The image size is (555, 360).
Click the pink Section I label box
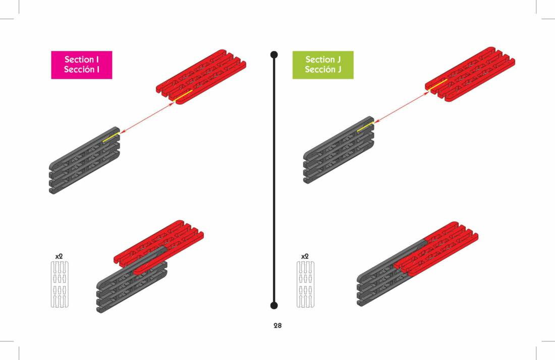pos(81,65)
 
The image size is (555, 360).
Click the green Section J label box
pos(323,65)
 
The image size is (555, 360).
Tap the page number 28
pos(277,326)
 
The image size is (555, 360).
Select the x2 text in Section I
pos(59,256)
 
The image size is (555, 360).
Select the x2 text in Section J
pos(305,256)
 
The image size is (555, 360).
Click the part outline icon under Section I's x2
pos(60,284)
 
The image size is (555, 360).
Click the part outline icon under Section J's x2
pos(305,284)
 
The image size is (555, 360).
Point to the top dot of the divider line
pos(274,54)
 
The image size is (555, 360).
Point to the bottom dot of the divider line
pos(274,305)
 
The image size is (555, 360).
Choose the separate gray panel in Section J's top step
pos(339,150)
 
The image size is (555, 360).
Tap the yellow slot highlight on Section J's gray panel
pos(365,127)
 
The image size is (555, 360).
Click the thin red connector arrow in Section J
pos(401,106)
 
